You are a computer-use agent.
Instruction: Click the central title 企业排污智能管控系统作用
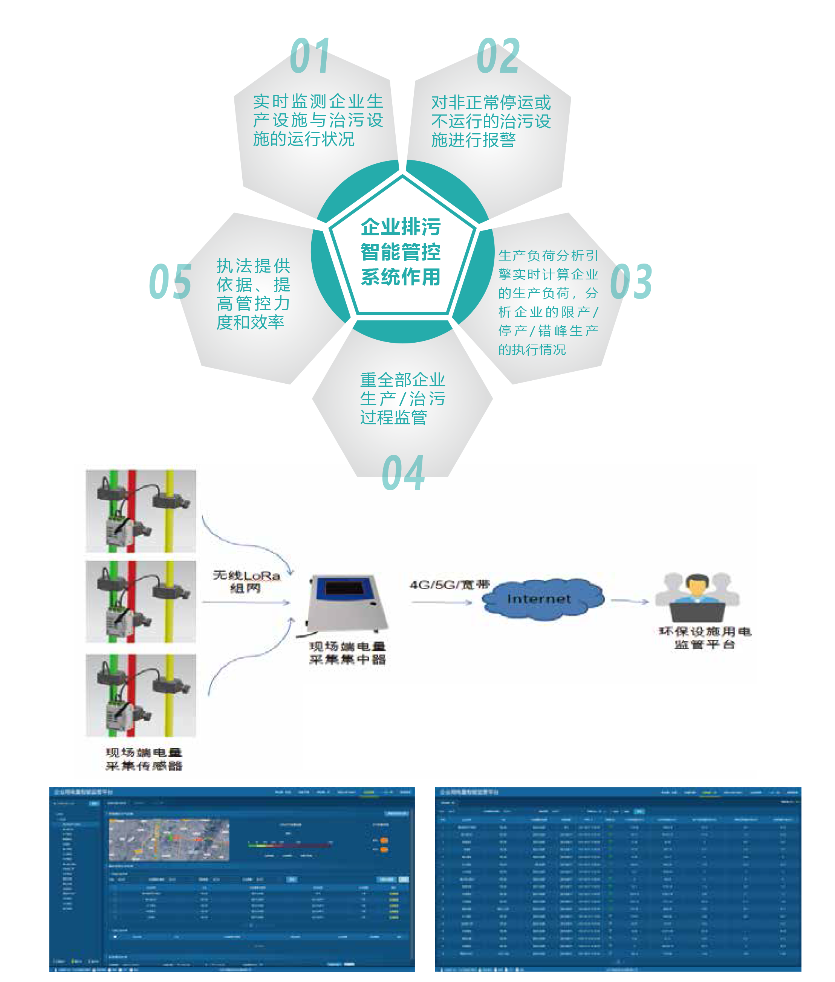401,252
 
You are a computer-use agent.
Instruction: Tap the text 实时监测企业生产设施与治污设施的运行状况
318,120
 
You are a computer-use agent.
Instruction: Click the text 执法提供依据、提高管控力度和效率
253,294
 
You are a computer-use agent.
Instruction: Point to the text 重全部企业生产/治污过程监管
402,398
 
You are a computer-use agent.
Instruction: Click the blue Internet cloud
543,598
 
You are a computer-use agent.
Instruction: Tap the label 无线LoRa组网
246,581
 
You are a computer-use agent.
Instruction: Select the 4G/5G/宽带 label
449,585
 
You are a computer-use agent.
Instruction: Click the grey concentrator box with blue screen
348,602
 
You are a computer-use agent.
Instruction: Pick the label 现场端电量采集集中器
347,653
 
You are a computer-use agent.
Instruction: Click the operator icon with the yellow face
697,597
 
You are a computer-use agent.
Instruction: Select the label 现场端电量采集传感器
144,759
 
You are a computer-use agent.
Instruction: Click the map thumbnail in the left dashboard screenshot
169,840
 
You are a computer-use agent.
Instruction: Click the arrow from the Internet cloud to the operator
629,601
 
